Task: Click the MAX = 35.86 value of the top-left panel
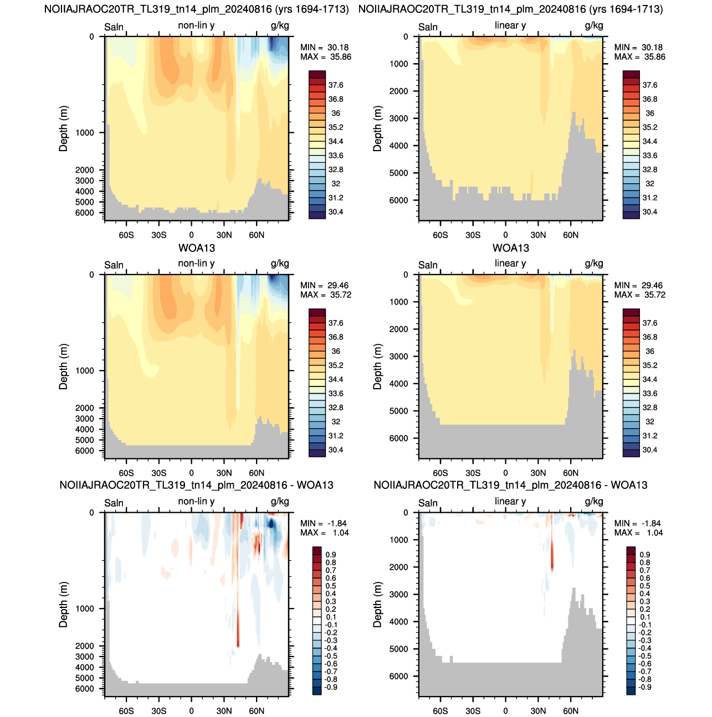click(325, 57)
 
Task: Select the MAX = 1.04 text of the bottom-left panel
click(324, 533)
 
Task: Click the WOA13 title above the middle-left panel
click(197, 248)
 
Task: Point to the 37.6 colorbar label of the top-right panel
click(649, 85)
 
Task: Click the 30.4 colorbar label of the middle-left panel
click(336, 450)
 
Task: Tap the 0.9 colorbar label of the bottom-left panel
click(331, 555)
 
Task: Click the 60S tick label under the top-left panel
click(126, 235)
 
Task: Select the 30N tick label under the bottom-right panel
click(538, 711)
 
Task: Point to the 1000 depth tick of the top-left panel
click(85, 133)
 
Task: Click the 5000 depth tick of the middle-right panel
click(398, 411)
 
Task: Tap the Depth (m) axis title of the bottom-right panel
click(377, 605)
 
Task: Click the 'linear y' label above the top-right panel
click(510, 25)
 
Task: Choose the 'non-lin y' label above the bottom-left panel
click(196, 501)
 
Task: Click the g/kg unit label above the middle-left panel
click(280, 264)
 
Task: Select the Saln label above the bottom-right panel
click(428, 503)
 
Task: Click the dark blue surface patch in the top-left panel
click(272, 44)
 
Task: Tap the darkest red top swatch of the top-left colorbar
click(317, 74)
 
